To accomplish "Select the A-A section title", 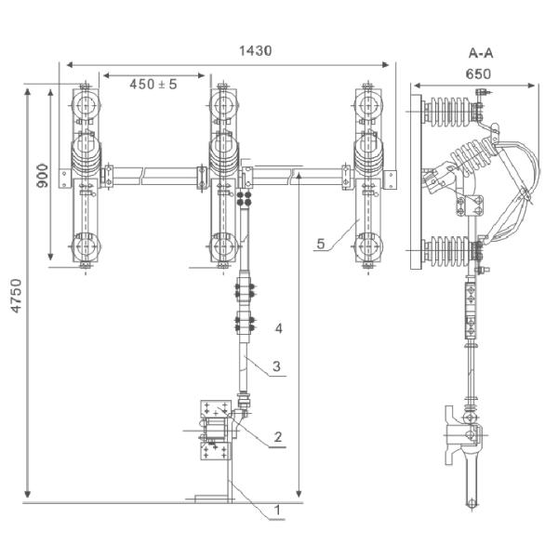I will pos(481,53).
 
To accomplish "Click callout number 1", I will pos(276,510).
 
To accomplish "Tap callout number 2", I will pos(277,437).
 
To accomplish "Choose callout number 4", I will pos(277,328).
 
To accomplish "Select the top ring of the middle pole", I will pos(223,106).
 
